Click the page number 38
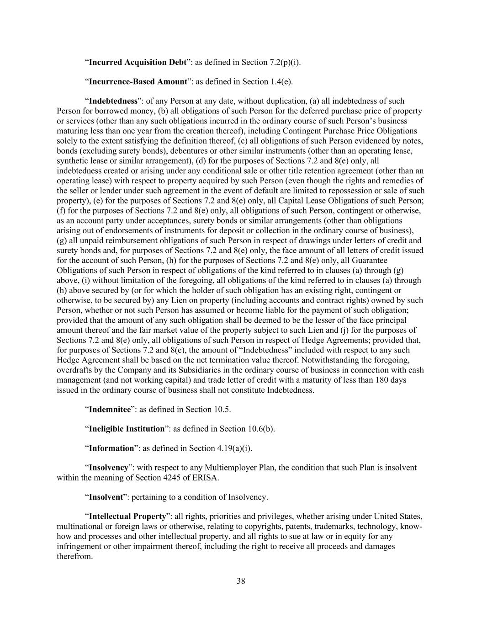coord(241,581)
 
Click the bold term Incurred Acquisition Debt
coord(138,62)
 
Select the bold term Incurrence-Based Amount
coord(138,82)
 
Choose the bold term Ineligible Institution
coord(127,429)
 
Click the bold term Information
coord(111,448)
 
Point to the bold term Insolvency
coord(108,468)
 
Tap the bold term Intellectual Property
coord(127,517)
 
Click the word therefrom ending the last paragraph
coord(74,556)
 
